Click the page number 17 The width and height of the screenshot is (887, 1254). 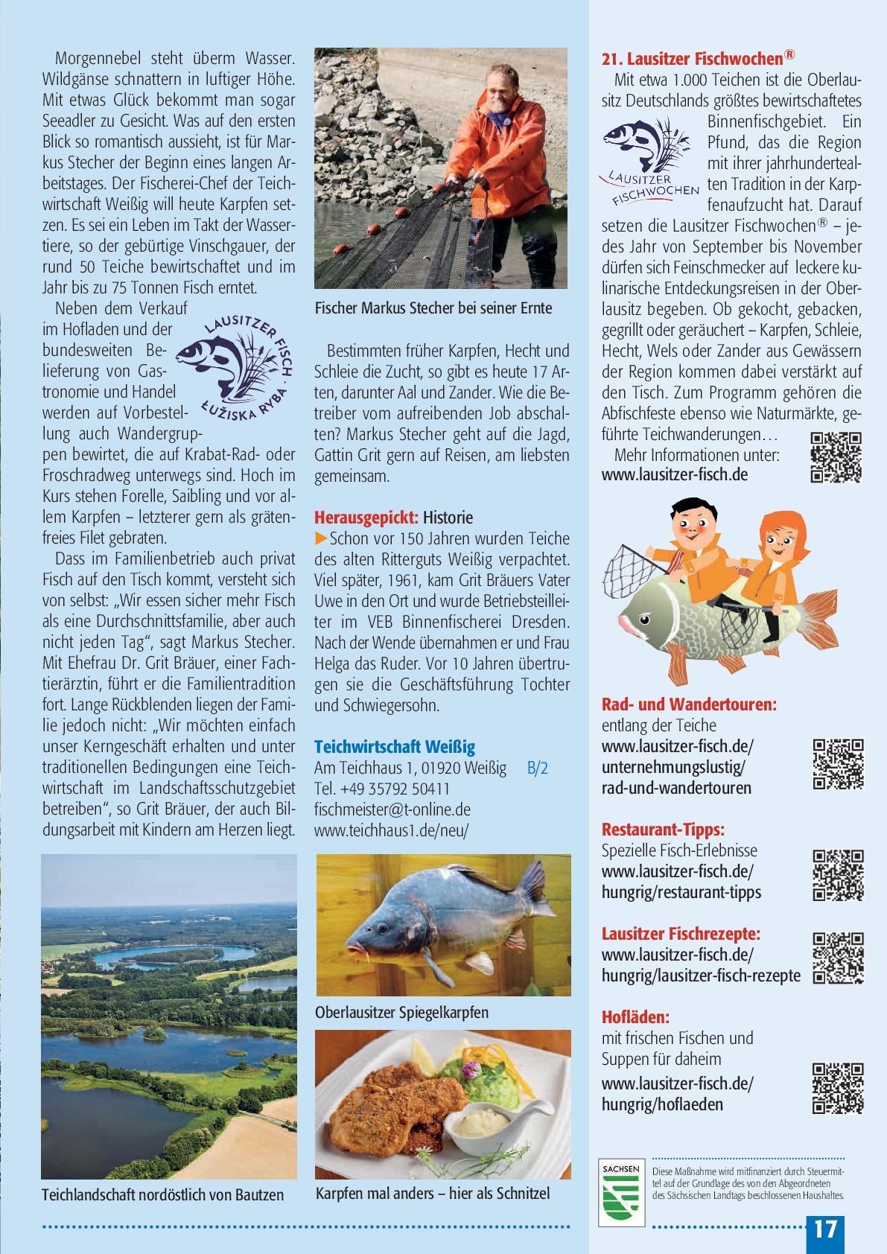coord(825,1229)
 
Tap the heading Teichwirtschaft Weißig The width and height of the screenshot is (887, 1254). coord(394,747)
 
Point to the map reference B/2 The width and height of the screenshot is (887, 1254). coord(537,768)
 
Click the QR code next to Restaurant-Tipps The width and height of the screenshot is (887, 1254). coord(838,875)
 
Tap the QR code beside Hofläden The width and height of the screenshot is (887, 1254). coord(838,1088)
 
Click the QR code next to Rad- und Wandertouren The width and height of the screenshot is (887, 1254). coord(838,764)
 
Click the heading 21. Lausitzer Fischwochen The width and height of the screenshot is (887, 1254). coord(698,58)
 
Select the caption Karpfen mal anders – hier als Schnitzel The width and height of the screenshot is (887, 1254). coord(433,1193)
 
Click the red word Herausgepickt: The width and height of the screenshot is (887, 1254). coord(366,518)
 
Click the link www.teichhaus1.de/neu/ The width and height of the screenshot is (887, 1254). coord(391,830)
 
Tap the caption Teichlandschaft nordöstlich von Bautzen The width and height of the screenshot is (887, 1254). coord(162,1194)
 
